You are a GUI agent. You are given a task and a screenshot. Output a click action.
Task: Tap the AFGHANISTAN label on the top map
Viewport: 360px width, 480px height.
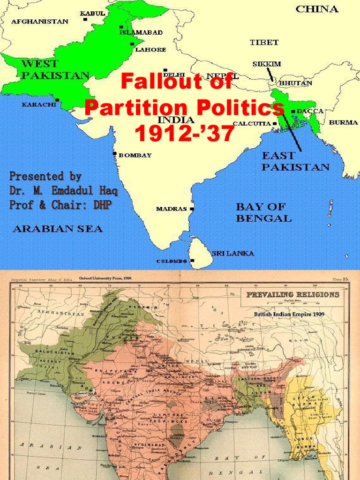coord(39,22)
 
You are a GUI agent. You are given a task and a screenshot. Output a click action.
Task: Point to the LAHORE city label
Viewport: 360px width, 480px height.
coord(150,49)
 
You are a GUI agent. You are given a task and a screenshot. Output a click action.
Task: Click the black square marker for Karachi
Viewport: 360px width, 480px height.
coord(57,99)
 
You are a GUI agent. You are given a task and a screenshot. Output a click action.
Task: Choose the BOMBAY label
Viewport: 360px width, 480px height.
coord(135,155)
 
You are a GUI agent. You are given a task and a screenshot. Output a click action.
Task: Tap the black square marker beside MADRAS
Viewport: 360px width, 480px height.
coord(192,209)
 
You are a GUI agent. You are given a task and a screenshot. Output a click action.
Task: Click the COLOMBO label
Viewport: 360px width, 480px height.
coord(172,261)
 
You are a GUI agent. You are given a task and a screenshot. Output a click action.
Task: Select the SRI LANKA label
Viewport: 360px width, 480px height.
coord(233,253)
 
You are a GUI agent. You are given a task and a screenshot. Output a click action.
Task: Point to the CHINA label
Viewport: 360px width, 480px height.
coord(317,9)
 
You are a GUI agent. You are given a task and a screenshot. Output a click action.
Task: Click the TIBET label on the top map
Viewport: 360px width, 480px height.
coord(264,43)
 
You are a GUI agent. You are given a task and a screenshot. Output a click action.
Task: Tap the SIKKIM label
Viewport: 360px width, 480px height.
coord(267,64)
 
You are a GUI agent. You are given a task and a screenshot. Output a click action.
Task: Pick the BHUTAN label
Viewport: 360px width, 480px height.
coord(296,83)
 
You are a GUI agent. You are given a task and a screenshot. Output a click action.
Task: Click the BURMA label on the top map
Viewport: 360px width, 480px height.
coord(344,122)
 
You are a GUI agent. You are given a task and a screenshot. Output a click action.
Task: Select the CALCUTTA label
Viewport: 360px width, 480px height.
coord(252,124)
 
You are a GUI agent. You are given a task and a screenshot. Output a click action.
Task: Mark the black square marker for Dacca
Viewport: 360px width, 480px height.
coord(293,112)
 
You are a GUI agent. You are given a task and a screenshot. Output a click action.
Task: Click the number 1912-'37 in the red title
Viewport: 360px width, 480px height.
coord(184,135)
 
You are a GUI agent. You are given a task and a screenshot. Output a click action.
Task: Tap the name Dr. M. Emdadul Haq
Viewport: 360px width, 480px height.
coord(64,191)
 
